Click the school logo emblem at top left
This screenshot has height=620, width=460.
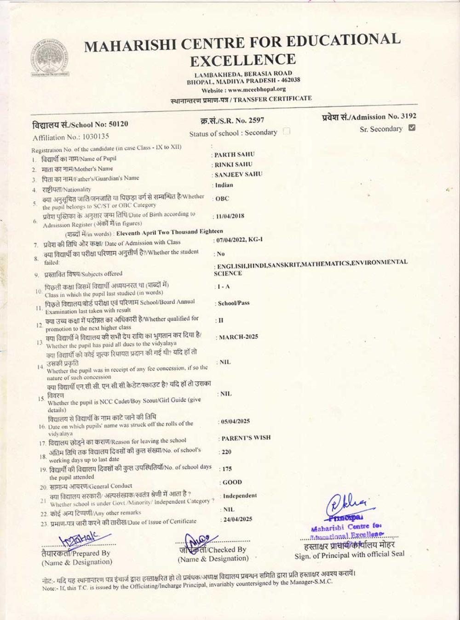tap(50, 58)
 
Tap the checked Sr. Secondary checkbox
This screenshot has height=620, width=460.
tap(412, 128)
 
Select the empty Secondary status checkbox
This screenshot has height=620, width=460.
tap(287, 131)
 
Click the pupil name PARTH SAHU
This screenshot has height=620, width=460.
tap(234, 155)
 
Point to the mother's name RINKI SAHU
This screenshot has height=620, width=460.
tap(234, 164)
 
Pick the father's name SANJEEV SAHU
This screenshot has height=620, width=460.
tap(238, 175)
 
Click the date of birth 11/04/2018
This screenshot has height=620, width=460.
tap(230, 216)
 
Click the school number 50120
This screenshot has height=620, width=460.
tap(119, 124)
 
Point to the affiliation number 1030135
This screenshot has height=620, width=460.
tap(96, 136)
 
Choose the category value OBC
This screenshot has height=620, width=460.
tap(222, 199)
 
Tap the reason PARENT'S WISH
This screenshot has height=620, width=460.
tap(246, 438)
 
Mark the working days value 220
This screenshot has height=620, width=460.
tap(226, 452)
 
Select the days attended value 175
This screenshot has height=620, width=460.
tap(227, 469)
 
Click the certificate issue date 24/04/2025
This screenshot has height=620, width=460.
tap(238, 519)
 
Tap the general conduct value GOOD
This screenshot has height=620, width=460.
tap(232, 482)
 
